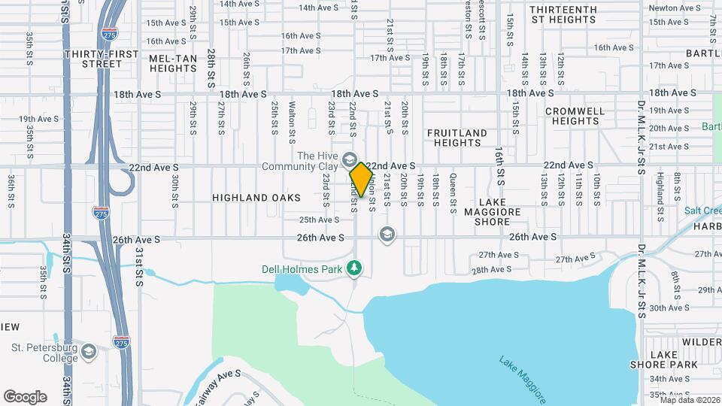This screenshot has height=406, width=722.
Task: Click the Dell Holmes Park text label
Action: click(303, 268)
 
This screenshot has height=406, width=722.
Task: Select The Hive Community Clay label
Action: click(299, 161)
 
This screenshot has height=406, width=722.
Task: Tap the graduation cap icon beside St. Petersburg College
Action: click(89, 352)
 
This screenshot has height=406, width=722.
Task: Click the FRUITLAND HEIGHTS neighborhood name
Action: click(457, 138)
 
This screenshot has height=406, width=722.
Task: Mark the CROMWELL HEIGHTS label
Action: click(575, 116)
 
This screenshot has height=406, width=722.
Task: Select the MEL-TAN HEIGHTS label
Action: click(173, 63)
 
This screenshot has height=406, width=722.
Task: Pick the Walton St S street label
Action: click(292, 123)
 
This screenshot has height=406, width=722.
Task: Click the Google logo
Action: click(25, 397)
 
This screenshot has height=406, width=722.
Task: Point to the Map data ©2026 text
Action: click(689, 400)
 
